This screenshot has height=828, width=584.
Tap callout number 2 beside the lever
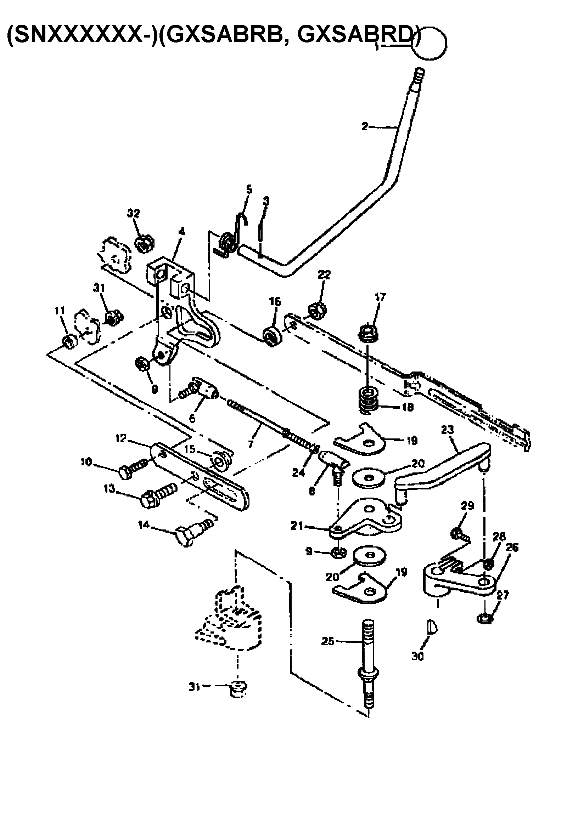pyautogui.click(x=365, y=126)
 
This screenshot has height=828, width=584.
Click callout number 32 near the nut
pyautogui.click(x=134, y=214)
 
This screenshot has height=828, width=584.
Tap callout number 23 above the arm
pyautogui.click(x=447, y=430)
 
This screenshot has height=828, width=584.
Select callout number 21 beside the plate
pyautogui.click(x=297, y=527)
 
